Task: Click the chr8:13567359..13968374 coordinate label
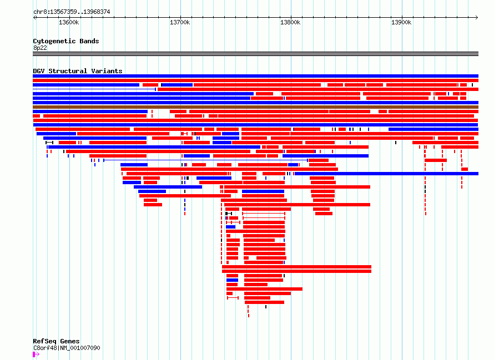pos(71,12)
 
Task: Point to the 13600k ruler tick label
pos(69,23)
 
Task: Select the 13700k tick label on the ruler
pos(180,23)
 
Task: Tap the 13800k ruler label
pos(290,23)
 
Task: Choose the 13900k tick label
pos(401,23)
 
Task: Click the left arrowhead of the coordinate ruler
pos(34,17)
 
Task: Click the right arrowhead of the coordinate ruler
pos(477,17)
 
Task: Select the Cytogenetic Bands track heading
pos(65,41)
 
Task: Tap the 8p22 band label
pos(40,48)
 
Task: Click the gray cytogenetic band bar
pos(255,54)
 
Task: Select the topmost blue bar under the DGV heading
pos(255,76)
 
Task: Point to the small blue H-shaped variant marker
pos(198,138)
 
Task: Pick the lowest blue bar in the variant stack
pos(231,280)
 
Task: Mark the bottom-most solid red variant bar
pos(264,302)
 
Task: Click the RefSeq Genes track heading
pos(56,341)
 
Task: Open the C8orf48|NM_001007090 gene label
pos(67,348)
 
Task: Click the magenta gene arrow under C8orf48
pos(36,354)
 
